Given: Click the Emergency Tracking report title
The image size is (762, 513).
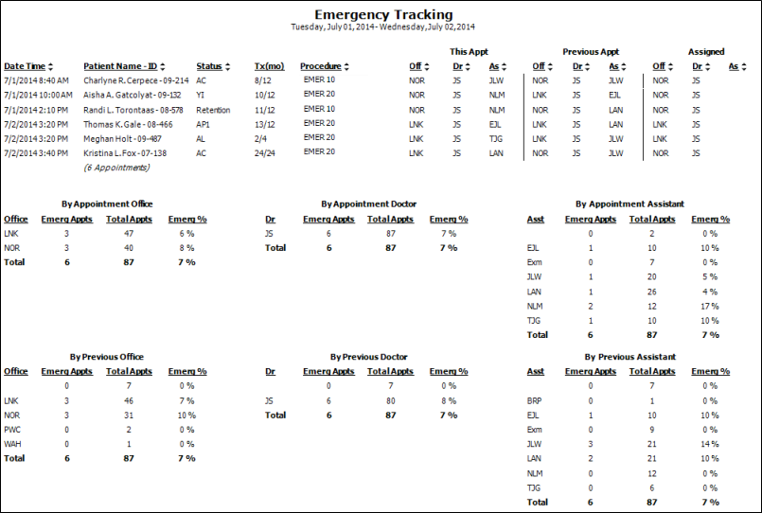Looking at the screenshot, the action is tap(383, 14).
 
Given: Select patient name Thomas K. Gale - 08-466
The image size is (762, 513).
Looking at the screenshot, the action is tap(128, 124).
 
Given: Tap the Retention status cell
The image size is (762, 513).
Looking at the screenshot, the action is tap(213, 111).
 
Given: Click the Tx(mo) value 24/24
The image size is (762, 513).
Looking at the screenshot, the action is tap(264, 153).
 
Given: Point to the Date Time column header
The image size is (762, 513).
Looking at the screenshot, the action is tap(25, 66).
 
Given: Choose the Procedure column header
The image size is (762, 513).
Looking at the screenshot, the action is tap(320, 66).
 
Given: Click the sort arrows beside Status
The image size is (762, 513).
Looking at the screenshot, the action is tap(227, 66).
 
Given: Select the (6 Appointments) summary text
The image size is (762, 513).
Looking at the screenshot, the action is tap(116, 168).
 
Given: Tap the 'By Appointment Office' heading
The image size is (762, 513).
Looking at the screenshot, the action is tap(107, 204).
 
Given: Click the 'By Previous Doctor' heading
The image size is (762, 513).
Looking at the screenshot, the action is tap(368, 357).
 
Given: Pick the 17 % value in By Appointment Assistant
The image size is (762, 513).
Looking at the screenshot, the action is tap(710, 307).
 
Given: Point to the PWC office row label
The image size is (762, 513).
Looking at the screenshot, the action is tap(12, 430).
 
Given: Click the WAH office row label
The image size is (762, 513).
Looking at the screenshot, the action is tap(12, 444).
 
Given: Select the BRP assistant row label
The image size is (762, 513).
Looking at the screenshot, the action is tap(534, 401).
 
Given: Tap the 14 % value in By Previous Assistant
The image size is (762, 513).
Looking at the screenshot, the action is tap(710, 444).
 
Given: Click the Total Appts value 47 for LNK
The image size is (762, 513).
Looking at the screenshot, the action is tap(129, 234).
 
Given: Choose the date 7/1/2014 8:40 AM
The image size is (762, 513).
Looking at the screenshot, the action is tap(37, 80).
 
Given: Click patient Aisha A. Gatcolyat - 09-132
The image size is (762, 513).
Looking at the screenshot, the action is tap(133, 96).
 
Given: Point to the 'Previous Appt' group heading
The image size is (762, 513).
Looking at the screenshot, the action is tap(591, 52).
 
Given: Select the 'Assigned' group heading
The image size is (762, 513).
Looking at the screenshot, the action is tap(706, 52).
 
